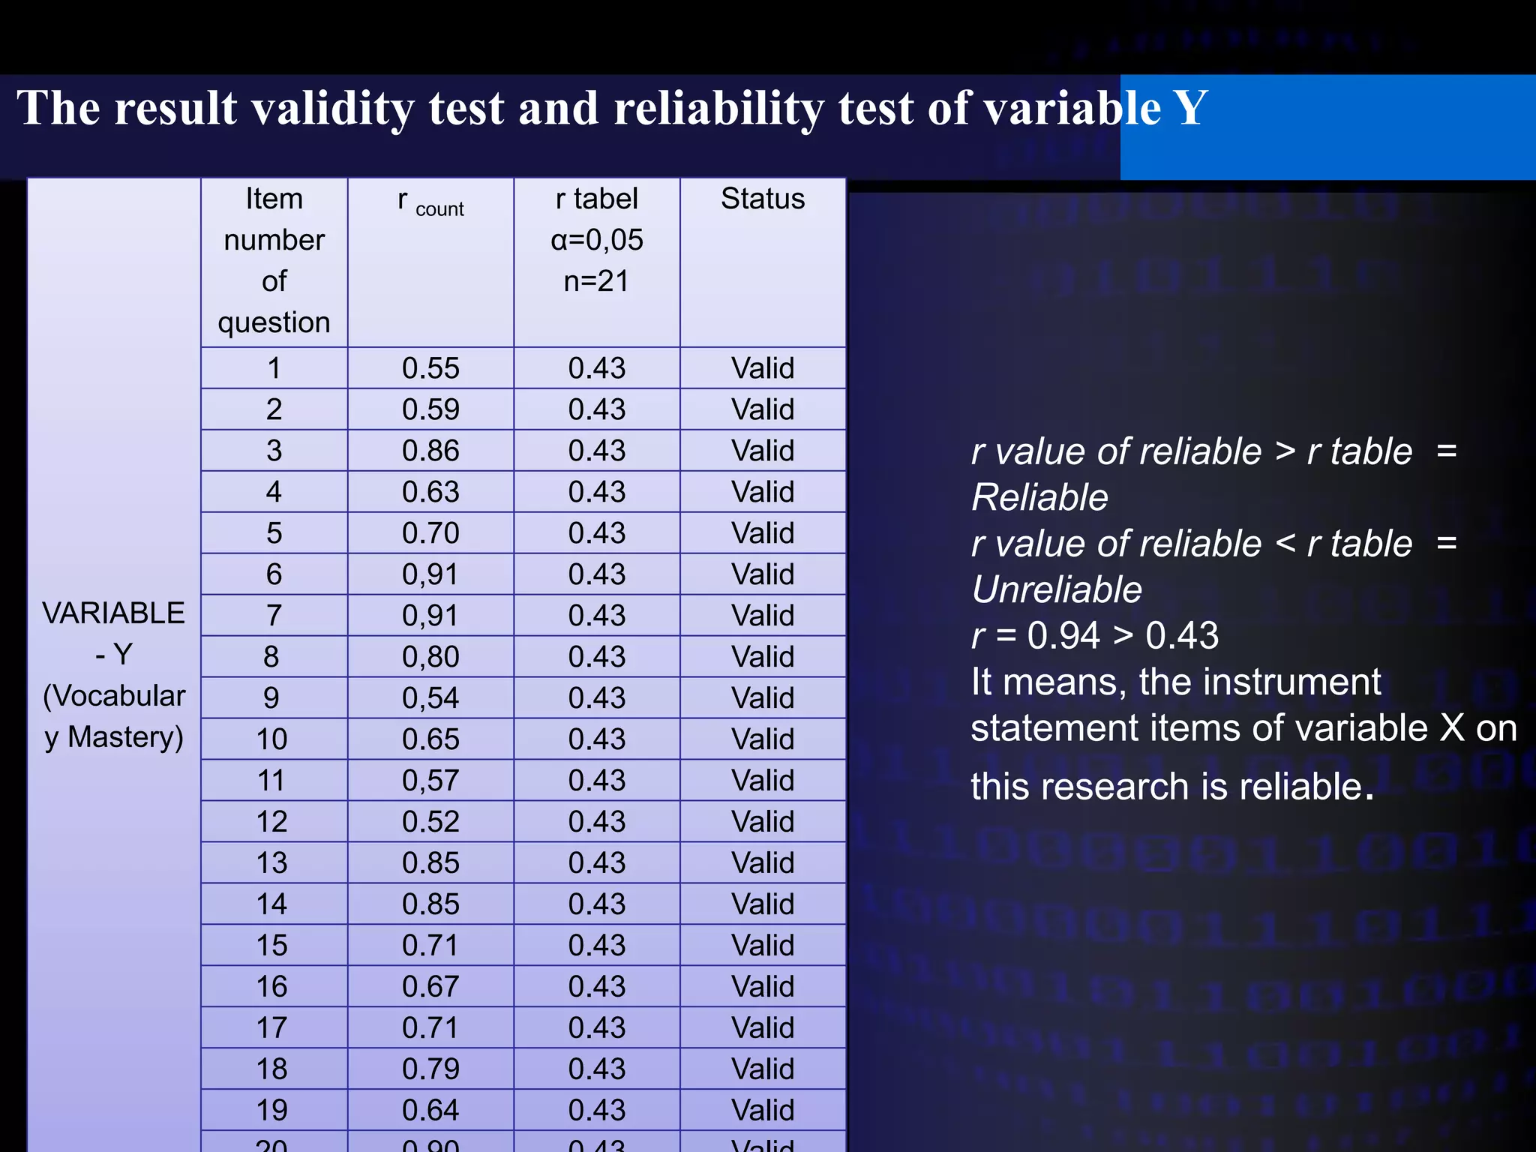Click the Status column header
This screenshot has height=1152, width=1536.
[x=763, y=199]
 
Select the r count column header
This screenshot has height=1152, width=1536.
[x=430, y=202]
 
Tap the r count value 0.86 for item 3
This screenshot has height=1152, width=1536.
[x=430, y=451]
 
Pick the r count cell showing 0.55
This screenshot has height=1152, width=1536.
[x=430, y=368]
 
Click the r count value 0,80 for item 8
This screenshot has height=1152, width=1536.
[x=430, y=657]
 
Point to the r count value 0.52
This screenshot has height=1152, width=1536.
[x=430, y=822]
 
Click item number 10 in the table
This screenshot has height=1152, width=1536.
[x=272, y=739]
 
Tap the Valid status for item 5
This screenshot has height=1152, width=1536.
[x=763, y=533]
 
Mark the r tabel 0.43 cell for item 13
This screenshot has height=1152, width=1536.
[x=597, y=863]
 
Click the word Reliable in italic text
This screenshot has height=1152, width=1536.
[x=1039, y=497]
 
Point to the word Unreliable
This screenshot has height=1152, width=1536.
[x=1057, y=589]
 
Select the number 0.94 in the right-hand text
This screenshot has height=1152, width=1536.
[x=1063, y=636]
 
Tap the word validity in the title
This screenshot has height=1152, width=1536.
[x=332, y=108]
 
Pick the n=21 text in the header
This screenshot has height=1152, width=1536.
[x=597, y=281]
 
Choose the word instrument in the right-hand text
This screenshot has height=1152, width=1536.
[x=1260, y=682]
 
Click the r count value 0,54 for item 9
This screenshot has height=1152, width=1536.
[x=430, y=698]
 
